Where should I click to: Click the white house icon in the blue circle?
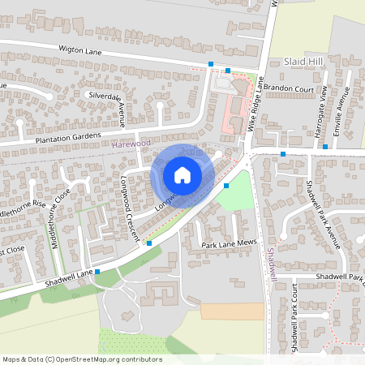[x=182, y=175]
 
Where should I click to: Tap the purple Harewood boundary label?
[x=132, y=144]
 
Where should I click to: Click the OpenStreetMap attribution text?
[x=82, y=359]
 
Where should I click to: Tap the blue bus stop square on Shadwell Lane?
[x=97, y=273]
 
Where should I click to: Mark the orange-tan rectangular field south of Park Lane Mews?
[x=232, y=311]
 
